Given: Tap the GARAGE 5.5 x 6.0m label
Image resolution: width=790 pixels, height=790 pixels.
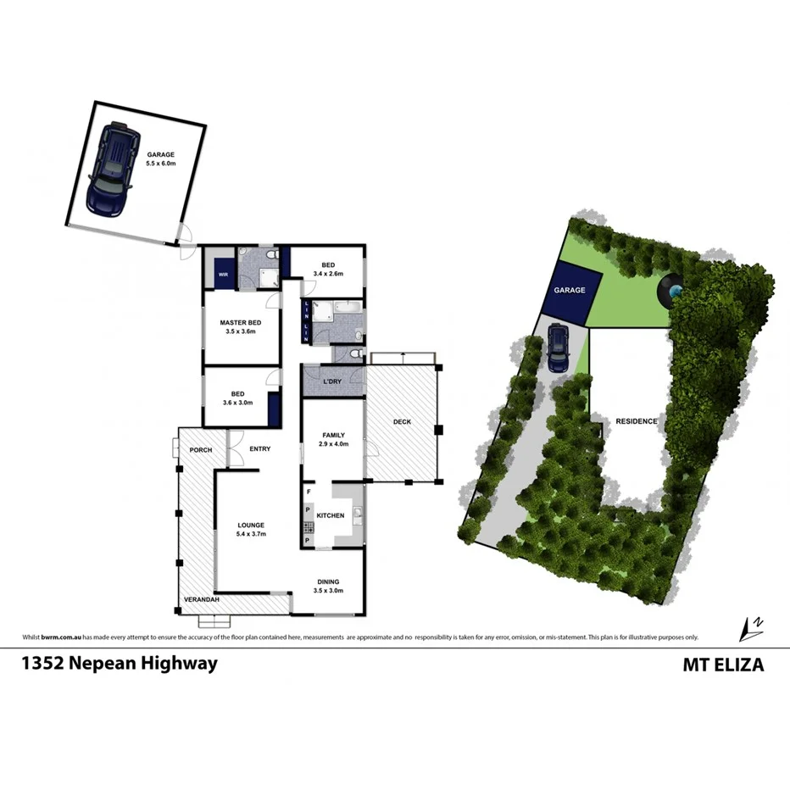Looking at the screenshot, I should click(160, 159).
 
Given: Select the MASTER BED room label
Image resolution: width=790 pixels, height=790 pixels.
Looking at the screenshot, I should click(240, 327).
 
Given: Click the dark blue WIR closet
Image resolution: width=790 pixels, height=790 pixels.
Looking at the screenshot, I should click(224, 275).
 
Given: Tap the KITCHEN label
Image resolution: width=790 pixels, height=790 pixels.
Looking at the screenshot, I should click(330, 515).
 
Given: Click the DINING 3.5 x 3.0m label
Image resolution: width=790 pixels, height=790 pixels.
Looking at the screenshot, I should click(328, 586).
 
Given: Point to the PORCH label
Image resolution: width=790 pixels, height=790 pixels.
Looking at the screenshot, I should click(201, 449).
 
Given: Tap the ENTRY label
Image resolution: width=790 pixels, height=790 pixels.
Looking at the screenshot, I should click(259, 448).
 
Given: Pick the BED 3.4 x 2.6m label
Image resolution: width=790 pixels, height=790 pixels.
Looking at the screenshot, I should click(329, 269).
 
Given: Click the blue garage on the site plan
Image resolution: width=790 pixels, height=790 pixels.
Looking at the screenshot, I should click(570, 291).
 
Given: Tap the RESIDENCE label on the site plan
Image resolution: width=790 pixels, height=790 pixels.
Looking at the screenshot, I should click(637, 420).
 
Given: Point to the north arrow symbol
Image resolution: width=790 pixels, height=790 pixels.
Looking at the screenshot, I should click(751, 628).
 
